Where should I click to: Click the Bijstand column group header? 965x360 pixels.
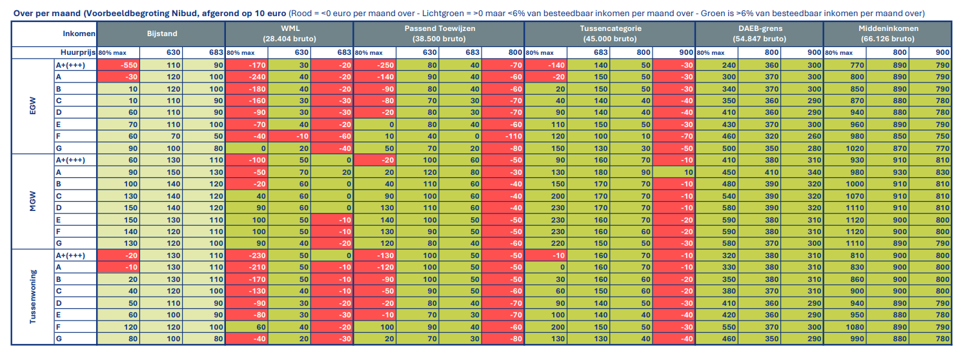pos(161,34)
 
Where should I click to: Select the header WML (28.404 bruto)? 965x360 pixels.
pos(290,34)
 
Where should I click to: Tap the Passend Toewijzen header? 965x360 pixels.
pos(439,34)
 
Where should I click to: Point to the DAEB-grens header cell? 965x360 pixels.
pos(759,34)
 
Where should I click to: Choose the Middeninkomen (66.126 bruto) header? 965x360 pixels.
pos(888,34)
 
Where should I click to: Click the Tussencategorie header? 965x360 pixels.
pos(609,34)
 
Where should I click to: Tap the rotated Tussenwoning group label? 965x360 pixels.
pos(34,297)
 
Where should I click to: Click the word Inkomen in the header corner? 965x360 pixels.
pos(79,34)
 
